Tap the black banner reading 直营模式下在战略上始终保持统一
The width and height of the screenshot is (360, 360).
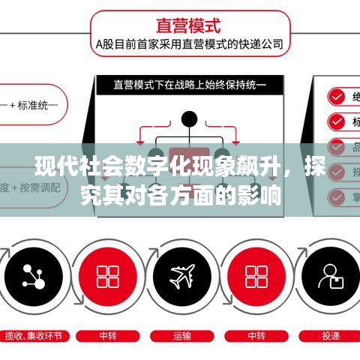pyautogui.click(x=190, y=85)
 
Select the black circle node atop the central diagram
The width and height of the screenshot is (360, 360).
pyautogui.click(x=190, y=118)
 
